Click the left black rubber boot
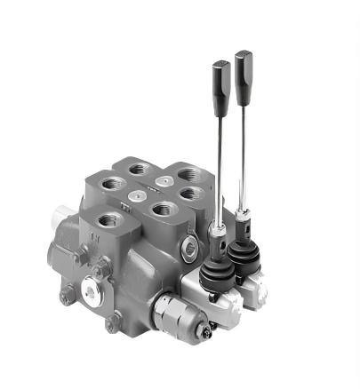(215, 271)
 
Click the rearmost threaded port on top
(140, 168)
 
